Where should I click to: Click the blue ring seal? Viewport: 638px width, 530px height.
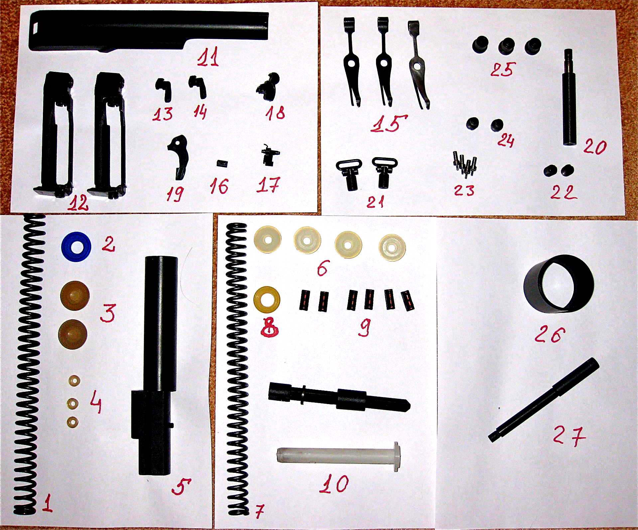[76, 246]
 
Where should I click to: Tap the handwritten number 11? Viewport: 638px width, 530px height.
[208, 56]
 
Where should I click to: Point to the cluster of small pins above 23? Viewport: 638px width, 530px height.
[464, 162]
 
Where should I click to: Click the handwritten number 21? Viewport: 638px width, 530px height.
[376, 202]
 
